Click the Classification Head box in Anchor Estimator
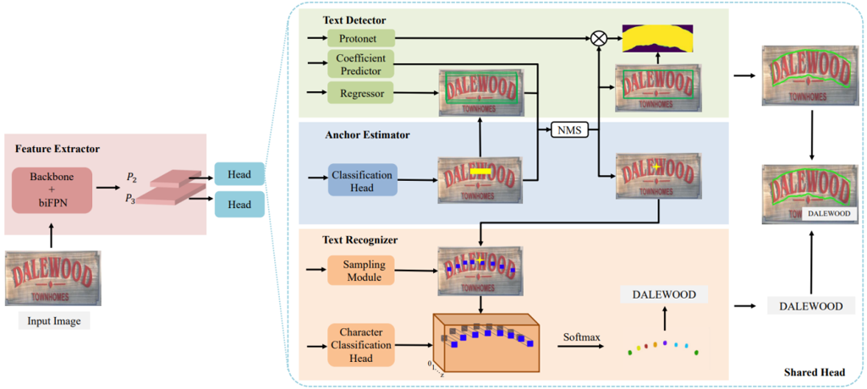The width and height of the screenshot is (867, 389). click(362, 180)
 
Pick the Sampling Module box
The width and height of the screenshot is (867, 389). click(363, 271)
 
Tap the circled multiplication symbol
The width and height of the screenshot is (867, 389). click(599, 38)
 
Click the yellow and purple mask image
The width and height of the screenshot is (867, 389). click(657, 39)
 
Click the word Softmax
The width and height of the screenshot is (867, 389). click(582, 337)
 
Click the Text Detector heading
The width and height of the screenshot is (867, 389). click(354, 19)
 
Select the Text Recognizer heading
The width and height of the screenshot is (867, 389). click(361, 240)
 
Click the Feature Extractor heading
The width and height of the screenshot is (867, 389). click(57, 149)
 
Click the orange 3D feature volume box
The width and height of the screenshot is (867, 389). click(486, 342)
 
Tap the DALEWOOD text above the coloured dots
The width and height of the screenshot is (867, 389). click(663, 294)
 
